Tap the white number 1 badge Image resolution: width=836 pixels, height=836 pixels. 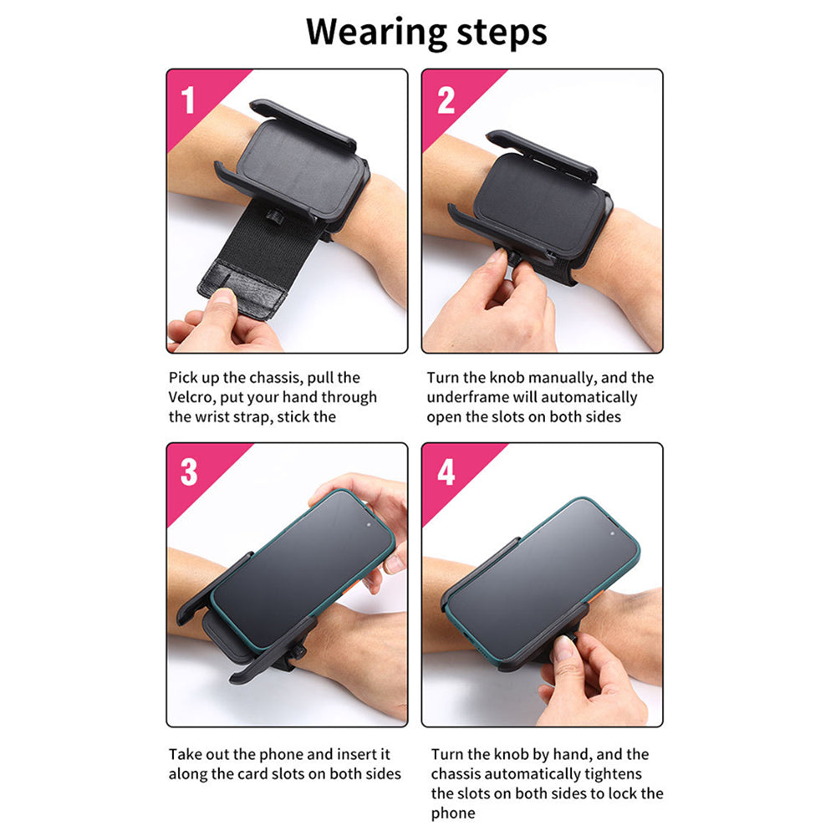tap(187, 100)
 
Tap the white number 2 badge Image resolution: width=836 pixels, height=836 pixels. tap(446, 100)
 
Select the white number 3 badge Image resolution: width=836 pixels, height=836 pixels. tap(189, 472)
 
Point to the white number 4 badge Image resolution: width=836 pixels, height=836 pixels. tap(446, 472)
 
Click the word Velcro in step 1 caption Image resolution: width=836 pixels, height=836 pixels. tap(191, 397)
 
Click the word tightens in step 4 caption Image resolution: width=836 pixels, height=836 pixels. tap(613, 774)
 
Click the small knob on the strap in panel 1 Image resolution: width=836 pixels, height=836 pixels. tap(274, 216)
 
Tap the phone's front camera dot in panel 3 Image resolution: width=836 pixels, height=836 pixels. tap(369, 525)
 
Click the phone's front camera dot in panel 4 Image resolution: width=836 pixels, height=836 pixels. tap(612, 533)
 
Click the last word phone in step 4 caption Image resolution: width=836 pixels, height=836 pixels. tap(452, 813)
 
